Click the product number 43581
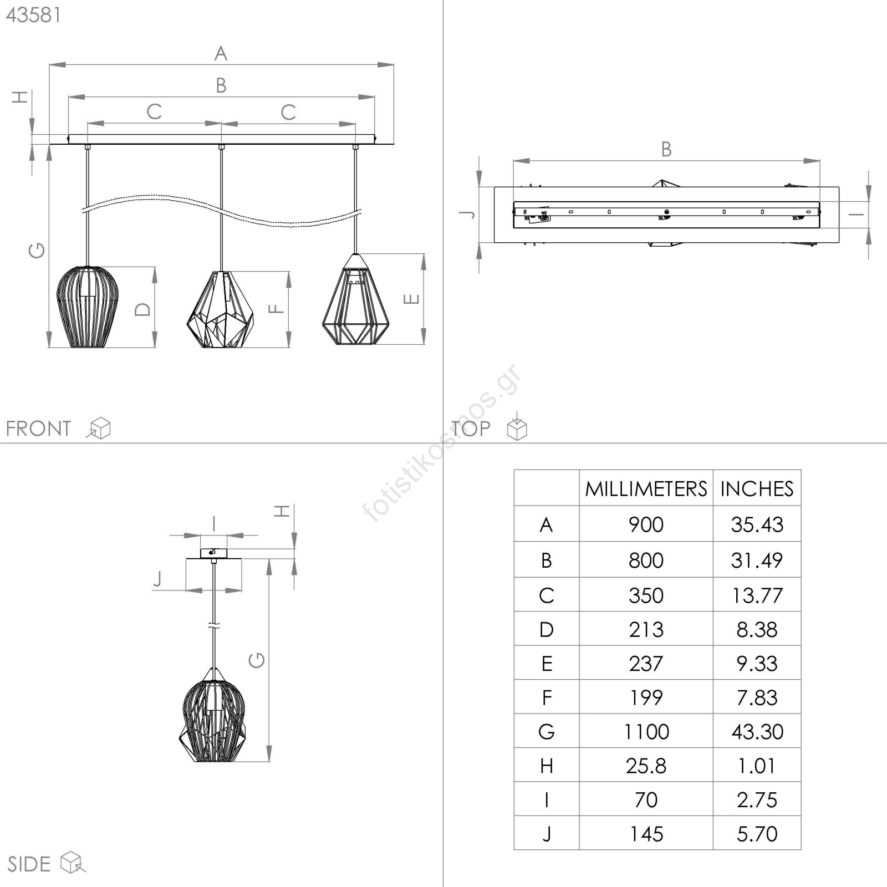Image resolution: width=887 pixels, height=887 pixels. (x=33, y=15)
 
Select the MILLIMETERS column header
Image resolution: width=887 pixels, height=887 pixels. (x=646, y=488)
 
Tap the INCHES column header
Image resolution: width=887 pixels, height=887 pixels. (x=757, y=488)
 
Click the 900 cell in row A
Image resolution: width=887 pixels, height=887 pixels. (x=646, y=524)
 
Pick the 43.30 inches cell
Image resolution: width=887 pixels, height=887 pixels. (x=757, y=732)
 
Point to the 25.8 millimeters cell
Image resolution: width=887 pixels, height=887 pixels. (x=646, y=766)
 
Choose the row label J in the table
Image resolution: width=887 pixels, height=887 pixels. (x=547, y=834)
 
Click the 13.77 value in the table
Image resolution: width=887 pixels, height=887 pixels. (x=757, y=595)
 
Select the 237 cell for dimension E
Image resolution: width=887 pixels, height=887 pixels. (x=646, y=664)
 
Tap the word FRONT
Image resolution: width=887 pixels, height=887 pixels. (x=38, y=429)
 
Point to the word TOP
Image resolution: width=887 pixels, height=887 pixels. (x=471, y=429)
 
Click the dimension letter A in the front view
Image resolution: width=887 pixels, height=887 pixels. (x=221, y=54)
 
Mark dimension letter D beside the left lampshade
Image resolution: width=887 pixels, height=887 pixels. (x=142, y=309)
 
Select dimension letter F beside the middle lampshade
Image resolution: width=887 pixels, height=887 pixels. (x=276, y=309)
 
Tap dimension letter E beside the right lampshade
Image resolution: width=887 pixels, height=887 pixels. (x=411, y=299)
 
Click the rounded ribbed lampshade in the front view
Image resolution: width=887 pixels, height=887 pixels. (x=88, y=307)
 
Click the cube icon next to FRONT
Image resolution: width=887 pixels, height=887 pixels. (x=99, y=428)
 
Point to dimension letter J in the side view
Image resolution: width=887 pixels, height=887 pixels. (x=158, y=579)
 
